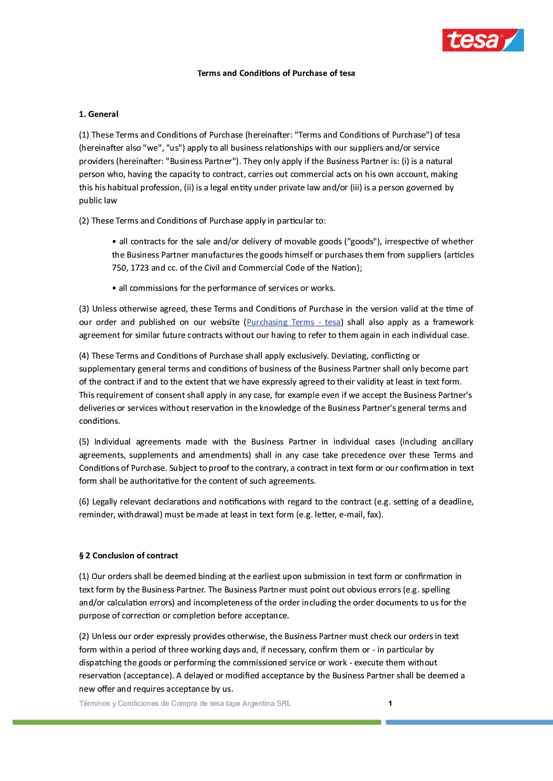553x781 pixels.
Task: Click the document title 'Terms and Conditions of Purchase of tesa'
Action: [x=276, y=73]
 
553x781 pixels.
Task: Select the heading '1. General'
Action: [x=98, y=114]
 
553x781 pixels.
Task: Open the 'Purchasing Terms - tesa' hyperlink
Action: [x=293, y=322]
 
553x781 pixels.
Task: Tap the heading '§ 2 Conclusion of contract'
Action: [x=128, y=555]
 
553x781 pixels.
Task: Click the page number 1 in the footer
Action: [x=390, y=703]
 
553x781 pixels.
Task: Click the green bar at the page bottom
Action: [x=197, y=722]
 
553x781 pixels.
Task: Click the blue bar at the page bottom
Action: [x=469, y=722]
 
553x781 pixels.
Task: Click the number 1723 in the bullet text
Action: [x=140, y=268]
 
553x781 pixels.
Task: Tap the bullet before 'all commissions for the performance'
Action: [x=115, y=289]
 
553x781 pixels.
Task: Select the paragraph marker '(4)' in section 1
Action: [x=84, y=356]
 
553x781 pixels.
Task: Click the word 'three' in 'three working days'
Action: [x=178, y=650]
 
